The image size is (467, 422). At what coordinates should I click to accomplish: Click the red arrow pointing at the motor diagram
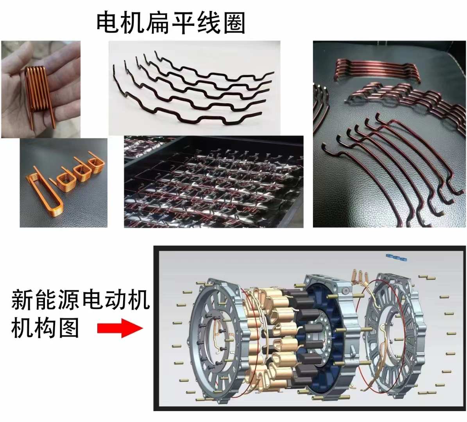tap(120, 328)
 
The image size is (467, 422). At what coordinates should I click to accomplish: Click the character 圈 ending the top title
tap(234, 22)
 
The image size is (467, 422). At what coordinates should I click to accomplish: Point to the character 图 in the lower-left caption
tap(68, 327)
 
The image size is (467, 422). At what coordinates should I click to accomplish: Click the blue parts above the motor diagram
tap(396, 257)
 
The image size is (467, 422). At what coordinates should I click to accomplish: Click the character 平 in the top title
tap(183, 22)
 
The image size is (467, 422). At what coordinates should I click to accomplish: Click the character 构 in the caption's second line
tap(45, 327)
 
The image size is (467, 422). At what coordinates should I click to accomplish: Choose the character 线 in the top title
tap(208, 22)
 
